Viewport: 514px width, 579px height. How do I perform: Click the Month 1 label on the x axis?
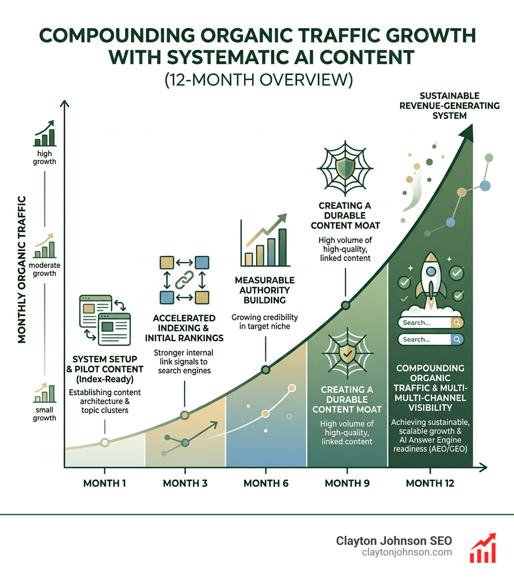(104, 484)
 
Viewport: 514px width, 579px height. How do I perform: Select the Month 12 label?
(430, 484)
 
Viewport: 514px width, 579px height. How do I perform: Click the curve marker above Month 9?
(345, 305)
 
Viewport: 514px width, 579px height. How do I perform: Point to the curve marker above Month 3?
(185, 415)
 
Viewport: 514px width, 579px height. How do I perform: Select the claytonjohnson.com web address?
(407, 552)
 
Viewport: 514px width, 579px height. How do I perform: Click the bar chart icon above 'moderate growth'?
(45, 247)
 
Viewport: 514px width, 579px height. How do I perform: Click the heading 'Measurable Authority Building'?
(265, 290)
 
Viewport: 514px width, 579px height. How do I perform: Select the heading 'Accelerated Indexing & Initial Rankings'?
(184, 328)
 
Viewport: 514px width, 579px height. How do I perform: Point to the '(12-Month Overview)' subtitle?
(256, 81)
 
